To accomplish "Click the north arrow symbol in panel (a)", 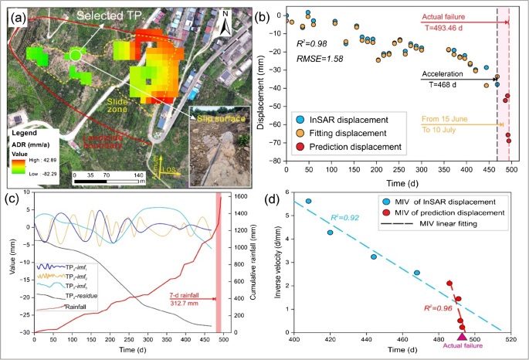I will pos(224,25).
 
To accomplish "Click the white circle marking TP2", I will pos(76,55).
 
